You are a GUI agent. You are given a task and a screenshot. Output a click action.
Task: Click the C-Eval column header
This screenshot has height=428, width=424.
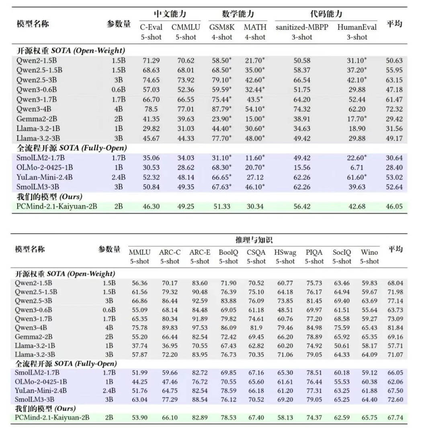151,27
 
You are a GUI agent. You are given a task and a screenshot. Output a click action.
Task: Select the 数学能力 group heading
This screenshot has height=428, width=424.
238,14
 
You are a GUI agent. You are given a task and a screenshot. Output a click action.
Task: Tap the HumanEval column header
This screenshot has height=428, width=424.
357,27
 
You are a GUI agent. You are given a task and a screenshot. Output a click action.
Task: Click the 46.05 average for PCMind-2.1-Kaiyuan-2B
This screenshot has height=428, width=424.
394,207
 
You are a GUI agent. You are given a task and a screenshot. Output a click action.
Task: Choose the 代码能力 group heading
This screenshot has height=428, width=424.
326,14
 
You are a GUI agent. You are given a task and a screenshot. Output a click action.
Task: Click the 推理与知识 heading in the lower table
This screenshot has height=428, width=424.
254,240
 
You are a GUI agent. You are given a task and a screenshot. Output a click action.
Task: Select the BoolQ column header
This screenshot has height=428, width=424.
228,252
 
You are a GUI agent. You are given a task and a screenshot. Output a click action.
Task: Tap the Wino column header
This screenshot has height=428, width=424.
369,252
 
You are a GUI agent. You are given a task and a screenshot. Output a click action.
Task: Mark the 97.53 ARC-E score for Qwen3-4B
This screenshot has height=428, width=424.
199,328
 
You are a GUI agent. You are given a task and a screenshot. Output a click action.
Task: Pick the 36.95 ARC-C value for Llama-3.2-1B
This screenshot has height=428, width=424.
170,346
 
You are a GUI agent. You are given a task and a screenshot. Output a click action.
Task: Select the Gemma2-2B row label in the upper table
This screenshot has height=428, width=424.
35,119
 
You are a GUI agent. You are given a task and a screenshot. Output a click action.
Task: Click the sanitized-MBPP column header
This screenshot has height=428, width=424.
302,27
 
